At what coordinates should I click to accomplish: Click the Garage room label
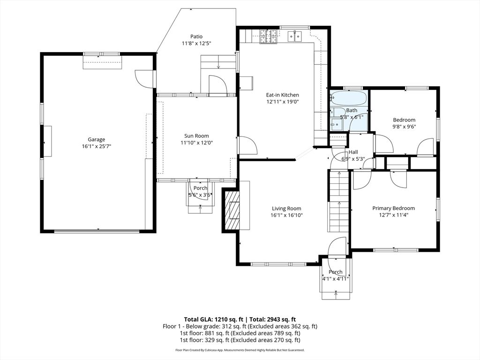click(97, 140)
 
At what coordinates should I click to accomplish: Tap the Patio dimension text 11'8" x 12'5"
click(196, 44)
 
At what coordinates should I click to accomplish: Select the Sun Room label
click(196, 136)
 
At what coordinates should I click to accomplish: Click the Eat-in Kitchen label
click(282, 95)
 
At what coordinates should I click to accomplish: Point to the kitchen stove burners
click(269, 36)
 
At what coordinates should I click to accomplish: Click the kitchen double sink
click(295, 36)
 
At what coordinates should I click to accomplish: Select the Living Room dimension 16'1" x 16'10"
click(286, 215)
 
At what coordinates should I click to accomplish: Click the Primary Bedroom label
click(393, 208)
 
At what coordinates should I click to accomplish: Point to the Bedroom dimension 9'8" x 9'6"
click(404, 127)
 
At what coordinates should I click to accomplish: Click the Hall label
click(353, 152)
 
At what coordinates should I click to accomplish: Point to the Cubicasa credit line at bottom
click(240, 350)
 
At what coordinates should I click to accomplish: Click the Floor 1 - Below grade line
click(240, 326)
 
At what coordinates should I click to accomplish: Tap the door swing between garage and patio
click(143, 78)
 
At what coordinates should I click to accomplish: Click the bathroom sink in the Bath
click(336, 124)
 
